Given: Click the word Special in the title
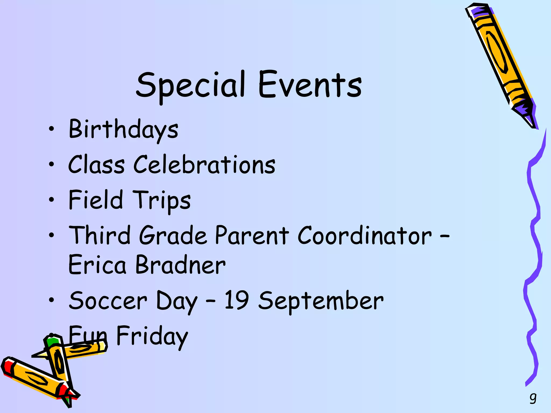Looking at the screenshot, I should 190,86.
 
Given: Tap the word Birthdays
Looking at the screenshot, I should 123,130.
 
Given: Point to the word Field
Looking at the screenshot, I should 96,200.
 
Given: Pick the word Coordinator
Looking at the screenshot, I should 365,235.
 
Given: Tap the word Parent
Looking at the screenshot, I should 252,235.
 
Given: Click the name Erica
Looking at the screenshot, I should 97,265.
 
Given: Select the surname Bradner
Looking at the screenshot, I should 181,265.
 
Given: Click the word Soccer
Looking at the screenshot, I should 108,301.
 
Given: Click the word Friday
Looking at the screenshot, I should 152,336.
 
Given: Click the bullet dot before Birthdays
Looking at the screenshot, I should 51,129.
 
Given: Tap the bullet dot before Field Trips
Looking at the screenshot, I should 51,200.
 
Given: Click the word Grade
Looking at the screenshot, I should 174,235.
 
